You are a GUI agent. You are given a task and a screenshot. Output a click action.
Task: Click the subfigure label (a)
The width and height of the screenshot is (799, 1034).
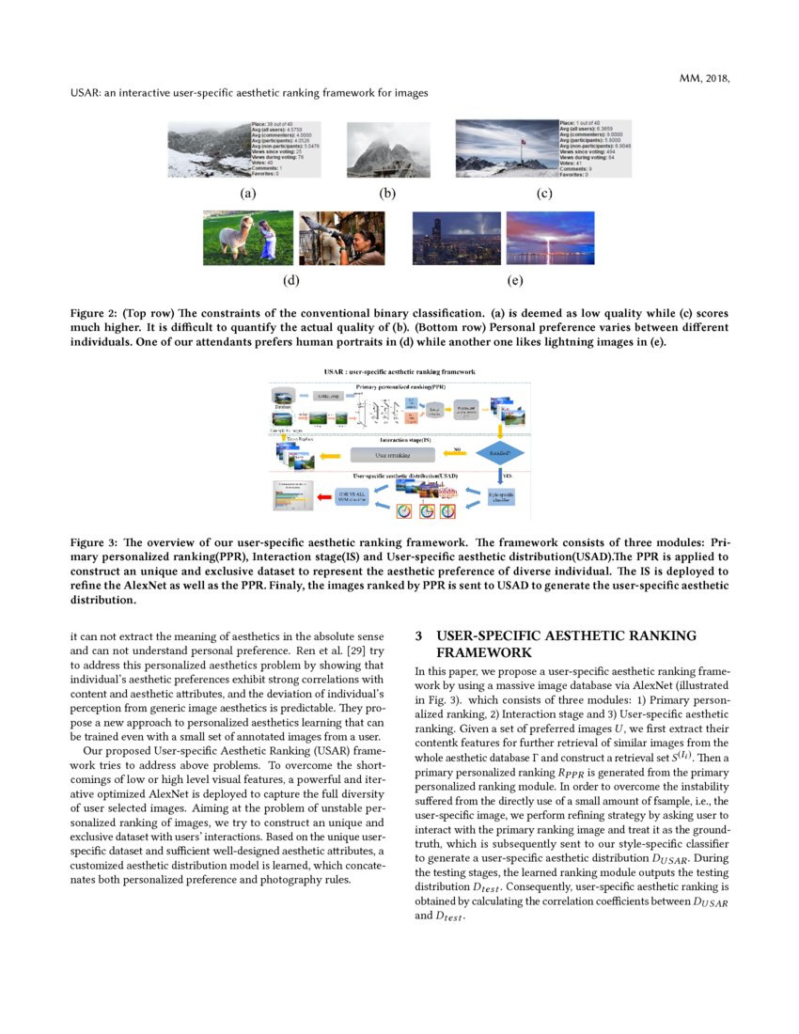click(x=247, y=194)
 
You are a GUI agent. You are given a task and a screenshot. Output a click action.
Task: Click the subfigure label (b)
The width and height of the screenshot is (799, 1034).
click(x=387, y=194)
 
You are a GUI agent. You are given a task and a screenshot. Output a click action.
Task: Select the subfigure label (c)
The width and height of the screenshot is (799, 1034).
click(x=543, y=194)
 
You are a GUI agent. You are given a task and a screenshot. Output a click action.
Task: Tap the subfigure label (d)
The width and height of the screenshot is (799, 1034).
click(x=291, y=280)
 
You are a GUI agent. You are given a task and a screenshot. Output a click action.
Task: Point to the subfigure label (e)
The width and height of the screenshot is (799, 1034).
click(x=514, y=280)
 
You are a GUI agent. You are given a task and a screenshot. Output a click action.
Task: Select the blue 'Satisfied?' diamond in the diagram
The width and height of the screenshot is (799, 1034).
click(x=499, y=454)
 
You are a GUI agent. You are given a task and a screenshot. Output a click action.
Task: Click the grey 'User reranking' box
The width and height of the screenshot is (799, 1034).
click(x=394, y=455)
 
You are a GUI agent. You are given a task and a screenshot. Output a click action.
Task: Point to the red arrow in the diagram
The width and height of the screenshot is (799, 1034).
click(x=324, y=495)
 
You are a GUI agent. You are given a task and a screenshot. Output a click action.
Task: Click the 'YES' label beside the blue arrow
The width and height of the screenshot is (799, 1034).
click(x=509, y=476)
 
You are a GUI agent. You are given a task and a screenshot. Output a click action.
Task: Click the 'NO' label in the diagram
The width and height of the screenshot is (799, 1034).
click(x=457, y=449)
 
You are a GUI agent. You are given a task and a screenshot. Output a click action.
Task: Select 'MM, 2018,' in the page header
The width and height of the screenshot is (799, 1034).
click(x=704, y=78)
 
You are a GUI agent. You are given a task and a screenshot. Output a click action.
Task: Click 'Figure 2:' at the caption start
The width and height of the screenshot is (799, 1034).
click(x=98, y=312)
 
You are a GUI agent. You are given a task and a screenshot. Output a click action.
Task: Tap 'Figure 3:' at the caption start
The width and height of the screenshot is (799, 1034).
click(x=98, y=543)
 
